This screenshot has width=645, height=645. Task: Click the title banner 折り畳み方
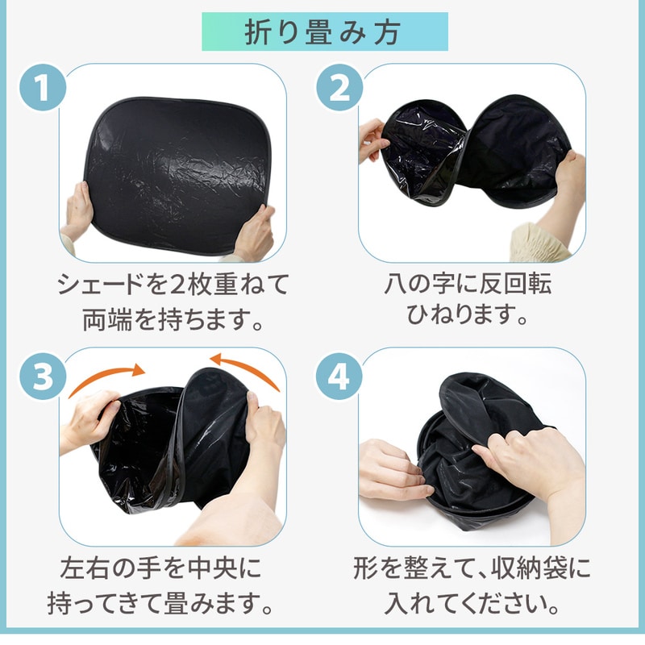[325, 31]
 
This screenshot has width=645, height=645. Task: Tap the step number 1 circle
[43, 87]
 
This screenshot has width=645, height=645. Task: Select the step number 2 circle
[339, 87]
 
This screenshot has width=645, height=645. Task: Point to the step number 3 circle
[43, 376]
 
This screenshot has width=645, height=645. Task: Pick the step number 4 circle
[339, 376]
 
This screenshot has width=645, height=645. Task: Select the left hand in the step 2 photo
[372, 139]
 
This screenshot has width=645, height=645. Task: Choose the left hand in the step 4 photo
[391, 469]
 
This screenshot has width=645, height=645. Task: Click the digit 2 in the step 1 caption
[177, 285]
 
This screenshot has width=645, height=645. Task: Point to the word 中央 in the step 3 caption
[212, 568]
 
